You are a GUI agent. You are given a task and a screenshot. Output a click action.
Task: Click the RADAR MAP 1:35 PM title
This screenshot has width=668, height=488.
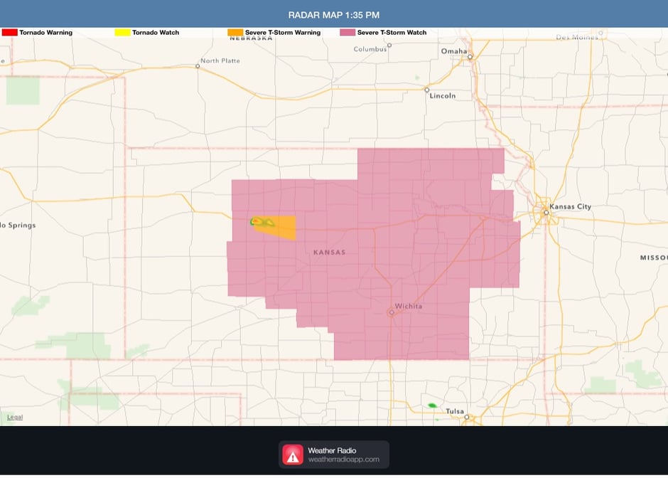[333, 14]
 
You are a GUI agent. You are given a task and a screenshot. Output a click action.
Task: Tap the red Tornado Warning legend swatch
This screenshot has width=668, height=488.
[10, 33]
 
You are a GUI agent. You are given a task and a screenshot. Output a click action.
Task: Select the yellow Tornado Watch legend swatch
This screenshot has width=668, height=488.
[122, 33]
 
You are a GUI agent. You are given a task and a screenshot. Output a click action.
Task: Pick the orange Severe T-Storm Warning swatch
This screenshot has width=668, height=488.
[235, 33]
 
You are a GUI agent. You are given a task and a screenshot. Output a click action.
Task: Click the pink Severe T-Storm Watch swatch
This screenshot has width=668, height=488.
[347, 33]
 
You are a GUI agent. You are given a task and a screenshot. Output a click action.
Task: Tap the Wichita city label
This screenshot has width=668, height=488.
[409, 307]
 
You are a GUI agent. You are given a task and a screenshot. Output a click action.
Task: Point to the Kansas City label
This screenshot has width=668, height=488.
[571, 207]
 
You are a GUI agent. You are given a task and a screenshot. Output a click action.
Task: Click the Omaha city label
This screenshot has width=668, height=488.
[453, 51]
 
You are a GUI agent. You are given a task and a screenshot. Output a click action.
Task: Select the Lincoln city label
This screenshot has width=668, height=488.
[442, 95]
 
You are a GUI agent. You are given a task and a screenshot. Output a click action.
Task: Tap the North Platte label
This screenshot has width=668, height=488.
[220, 61]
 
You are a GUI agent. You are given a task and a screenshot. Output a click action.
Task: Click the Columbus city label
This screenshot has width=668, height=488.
[370, 49]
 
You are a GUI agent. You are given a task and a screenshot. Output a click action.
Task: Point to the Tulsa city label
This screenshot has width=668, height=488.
[454, 411]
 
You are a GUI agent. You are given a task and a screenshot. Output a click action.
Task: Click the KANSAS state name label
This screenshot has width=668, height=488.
[330, 253]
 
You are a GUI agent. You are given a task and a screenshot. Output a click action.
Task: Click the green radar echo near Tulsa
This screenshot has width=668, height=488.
[431, 405]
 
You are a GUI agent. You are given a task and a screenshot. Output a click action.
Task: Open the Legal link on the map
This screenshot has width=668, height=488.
[15, 417]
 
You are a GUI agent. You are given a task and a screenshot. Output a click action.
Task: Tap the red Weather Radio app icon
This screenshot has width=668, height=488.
[293, 455]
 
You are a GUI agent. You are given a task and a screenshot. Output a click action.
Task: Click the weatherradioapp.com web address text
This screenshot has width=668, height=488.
[343, 460]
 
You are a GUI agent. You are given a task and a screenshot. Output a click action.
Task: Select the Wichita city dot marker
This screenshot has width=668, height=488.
[392, 312]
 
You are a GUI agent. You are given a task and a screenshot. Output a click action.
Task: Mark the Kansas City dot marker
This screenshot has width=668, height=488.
[546, 212]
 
